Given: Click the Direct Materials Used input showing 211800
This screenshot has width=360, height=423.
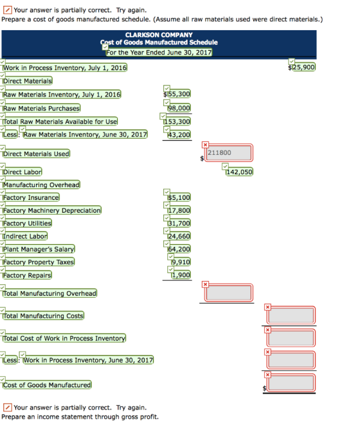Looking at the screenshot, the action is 229,153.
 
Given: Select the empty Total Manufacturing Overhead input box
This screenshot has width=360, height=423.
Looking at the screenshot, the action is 229,292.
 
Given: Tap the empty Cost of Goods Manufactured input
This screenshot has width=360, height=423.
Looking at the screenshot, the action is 291,382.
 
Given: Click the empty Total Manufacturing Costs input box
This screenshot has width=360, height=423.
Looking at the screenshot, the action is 291,315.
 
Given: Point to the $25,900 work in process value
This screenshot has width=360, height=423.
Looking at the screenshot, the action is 301,67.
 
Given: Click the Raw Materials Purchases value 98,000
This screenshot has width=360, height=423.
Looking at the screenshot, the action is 179,108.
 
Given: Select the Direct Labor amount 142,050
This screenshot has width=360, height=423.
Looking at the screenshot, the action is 239,172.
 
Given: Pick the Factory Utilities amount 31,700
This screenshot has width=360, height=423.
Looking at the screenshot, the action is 179,223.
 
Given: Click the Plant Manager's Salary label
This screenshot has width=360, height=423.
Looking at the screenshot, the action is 39,249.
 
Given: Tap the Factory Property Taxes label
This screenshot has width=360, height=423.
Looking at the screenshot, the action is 39,262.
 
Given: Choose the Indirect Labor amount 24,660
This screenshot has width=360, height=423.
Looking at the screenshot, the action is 179,237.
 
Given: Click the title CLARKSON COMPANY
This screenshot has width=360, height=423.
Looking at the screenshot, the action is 159,35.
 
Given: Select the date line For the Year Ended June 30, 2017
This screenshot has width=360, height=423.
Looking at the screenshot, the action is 159,52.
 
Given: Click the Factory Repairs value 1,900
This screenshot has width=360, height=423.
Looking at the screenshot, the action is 181,275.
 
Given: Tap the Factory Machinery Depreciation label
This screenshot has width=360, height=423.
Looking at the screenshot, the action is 52,210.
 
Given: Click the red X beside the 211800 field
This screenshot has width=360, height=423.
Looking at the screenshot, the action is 205,145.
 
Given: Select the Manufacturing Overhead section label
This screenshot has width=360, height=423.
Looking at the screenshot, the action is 41,184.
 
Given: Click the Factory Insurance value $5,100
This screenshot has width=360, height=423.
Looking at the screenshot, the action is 179,197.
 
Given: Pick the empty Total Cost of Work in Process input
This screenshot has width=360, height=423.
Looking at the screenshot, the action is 291,337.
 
